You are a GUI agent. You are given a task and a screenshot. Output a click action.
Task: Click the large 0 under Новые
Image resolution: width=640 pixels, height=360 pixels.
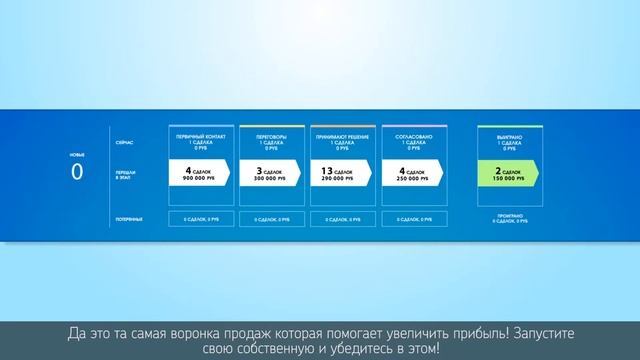(77, 172)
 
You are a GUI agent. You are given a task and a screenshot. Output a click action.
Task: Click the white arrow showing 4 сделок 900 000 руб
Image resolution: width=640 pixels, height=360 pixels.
(200, 172)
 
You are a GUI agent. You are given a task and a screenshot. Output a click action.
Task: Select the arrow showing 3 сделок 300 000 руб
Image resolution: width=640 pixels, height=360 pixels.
(271, 172)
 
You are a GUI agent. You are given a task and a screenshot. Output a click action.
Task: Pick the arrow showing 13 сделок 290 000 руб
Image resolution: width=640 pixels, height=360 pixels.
(341, 172)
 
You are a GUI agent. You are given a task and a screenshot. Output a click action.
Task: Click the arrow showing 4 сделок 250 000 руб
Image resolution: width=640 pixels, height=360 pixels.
(411, 172)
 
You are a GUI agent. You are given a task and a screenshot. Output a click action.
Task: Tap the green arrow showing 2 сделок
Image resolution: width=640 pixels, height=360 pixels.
(509, 172)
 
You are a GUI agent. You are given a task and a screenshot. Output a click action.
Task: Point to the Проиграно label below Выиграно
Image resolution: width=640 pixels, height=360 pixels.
(509, 214)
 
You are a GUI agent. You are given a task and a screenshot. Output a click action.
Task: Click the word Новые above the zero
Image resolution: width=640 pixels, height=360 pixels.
(77, 155)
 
